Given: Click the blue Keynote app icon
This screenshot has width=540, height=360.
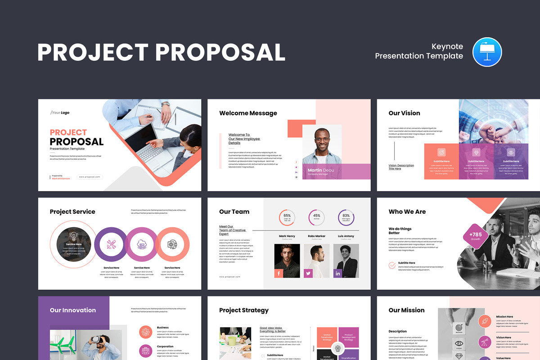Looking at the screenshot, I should [487, 52].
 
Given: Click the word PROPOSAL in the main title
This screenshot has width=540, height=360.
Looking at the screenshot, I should [220, 52].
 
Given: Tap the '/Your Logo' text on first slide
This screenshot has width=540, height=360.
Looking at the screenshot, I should [60, 112].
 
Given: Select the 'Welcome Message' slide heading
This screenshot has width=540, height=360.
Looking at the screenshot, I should [248, 113].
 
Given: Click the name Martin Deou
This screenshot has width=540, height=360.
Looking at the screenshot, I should [321, 170].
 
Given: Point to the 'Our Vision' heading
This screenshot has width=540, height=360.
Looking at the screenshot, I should [404, 113].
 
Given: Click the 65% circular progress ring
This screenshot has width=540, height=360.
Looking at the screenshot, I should [287, 217].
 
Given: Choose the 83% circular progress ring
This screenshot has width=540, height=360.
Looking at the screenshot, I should [346, 217].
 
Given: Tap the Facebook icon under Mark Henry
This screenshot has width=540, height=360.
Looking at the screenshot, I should [279, 273].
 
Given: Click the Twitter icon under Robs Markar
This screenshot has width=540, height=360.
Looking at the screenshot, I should [308, 273].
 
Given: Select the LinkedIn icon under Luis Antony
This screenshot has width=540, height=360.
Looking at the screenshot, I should [338, 273].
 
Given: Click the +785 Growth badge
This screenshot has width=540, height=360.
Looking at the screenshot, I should [476, 236].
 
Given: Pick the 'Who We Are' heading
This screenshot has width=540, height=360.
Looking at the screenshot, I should [407, 211].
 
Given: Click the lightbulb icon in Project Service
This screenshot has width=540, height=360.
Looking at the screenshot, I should [73, 235].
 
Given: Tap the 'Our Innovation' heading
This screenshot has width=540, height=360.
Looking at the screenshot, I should [73, 310].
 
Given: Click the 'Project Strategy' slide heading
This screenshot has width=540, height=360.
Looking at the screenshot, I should [243, 310].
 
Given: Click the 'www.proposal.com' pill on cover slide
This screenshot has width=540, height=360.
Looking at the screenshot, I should [90, 177].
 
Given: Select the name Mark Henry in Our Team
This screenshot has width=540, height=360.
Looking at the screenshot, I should [287, 236].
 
